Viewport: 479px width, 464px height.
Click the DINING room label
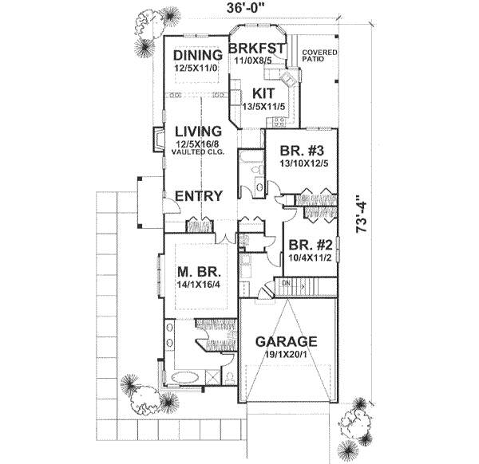pos(197,55)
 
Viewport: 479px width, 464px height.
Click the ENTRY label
pos(198,196)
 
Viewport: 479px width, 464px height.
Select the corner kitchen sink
pos(288,78)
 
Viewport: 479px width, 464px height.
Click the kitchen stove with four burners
pos(279,122)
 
